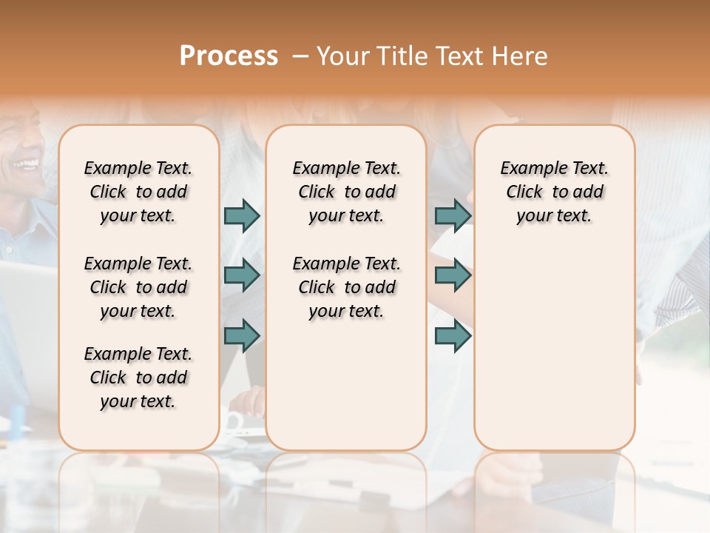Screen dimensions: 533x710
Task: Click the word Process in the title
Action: (229, 56)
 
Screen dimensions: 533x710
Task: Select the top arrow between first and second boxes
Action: (242, 215)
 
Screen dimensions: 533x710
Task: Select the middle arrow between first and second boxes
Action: (242, 275)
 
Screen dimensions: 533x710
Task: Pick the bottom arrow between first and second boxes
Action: (242, 335)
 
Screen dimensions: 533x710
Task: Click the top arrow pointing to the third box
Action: (453, 215)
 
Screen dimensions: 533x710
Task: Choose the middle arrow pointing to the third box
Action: (453, 275)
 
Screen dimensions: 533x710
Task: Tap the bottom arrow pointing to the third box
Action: (453, 335)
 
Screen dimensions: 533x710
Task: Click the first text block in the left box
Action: (138, 192)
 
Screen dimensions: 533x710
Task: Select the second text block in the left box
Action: (138, 287)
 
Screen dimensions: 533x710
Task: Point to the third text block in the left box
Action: (138, 378)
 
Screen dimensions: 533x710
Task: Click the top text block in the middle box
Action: (346, 192)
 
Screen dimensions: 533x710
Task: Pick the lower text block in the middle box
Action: (346, 287)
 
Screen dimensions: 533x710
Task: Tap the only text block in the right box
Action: (554, 192)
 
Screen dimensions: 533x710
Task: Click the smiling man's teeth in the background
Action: (27, 162)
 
